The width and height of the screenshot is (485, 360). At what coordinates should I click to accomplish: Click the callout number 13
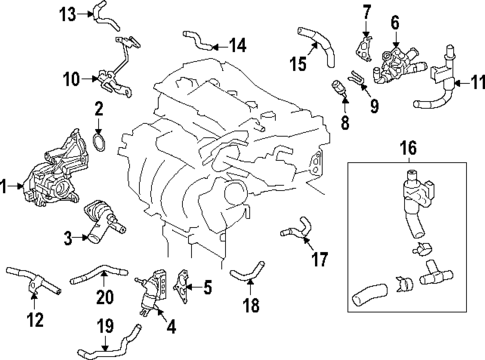coord(67,13)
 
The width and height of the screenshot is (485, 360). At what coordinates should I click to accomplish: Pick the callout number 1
coord(6,185)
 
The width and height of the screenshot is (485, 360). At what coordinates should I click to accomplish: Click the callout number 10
coord(70,76)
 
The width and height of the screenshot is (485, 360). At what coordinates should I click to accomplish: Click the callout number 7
coord(365,12)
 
